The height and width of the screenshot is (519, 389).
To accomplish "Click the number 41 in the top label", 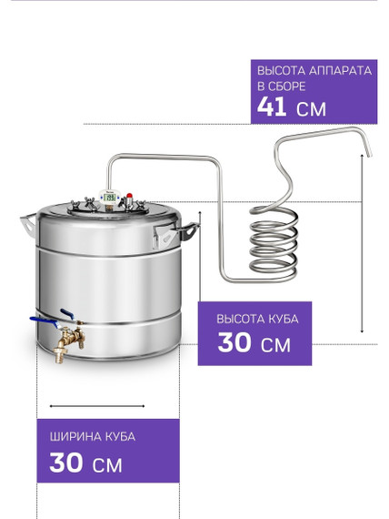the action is pos(272,107).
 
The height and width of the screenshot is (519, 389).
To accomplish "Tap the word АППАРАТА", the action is pos(341,71).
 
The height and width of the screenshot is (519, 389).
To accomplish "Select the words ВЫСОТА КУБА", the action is pos(257,319).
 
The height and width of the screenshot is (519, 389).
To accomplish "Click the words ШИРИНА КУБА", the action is pos(93,436).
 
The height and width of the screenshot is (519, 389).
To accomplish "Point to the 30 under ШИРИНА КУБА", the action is pos(66,463).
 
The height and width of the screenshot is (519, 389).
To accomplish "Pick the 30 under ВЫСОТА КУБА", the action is pos(234,342).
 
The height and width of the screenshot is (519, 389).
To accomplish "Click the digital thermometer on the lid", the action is pos(109,198).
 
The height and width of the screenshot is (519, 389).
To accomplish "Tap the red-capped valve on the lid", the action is pos(129,199).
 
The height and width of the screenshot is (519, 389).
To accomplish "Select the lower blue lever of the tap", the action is pos(44,321).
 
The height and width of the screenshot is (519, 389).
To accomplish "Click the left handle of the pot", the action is pos(28,224).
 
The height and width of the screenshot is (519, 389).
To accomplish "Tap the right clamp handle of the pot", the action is pos(175,234).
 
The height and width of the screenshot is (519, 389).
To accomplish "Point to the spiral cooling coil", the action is pos(274,241).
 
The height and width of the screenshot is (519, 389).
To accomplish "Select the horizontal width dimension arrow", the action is pos(97,406).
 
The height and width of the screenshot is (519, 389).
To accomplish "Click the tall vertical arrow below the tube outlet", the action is pos(362,243).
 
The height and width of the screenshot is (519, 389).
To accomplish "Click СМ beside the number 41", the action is pos(311,109).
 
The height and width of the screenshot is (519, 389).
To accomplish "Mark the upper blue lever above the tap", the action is pos(67,313).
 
